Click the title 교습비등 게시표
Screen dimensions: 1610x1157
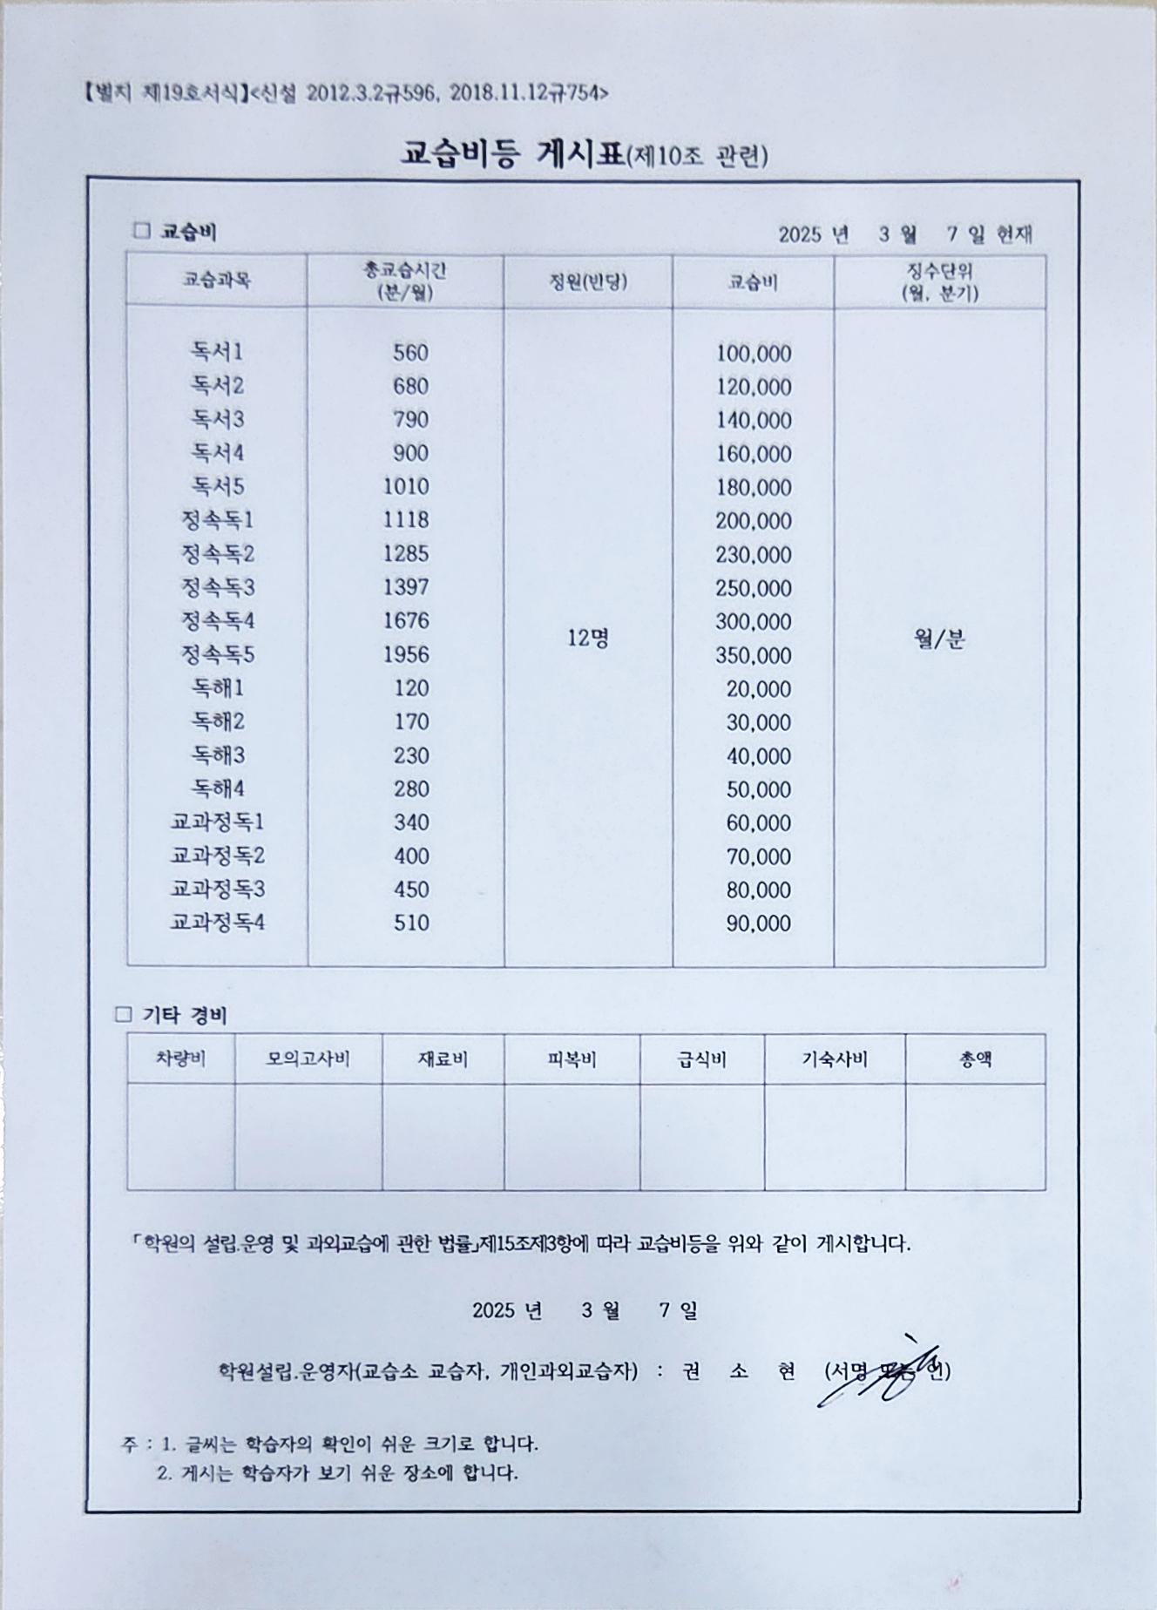(513, 154)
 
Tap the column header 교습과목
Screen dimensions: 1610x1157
(217, 281)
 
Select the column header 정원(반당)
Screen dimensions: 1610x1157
(588, 281)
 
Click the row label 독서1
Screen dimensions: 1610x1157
(217, 352)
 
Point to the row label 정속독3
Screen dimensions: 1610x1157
(217, 588)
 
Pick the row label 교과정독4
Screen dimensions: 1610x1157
(217, 923)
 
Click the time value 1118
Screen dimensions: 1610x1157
(406, 520)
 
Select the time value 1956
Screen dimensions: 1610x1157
(406, 654)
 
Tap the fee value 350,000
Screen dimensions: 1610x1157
(754, 655)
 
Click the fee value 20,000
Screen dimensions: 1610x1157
(759, 689)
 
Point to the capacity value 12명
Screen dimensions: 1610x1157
(588, 639)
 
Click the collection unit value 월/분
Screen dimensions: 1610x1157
(939, 640)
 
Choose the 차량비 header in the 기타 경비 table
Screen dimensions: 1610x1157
(180, 1059)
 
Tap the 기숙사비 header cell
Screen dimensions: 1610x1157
(835, 1059)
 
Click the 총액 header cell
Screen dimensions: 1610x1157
(976, 1059)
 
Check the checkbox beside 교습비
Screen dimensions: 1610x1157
(141, 232)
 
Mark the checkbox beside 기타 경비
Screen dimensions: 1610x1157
(124, 1015)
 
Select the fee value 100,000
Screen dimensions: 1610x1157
(754, 354)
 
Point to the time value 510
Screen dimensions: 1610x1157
(411, 923)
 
